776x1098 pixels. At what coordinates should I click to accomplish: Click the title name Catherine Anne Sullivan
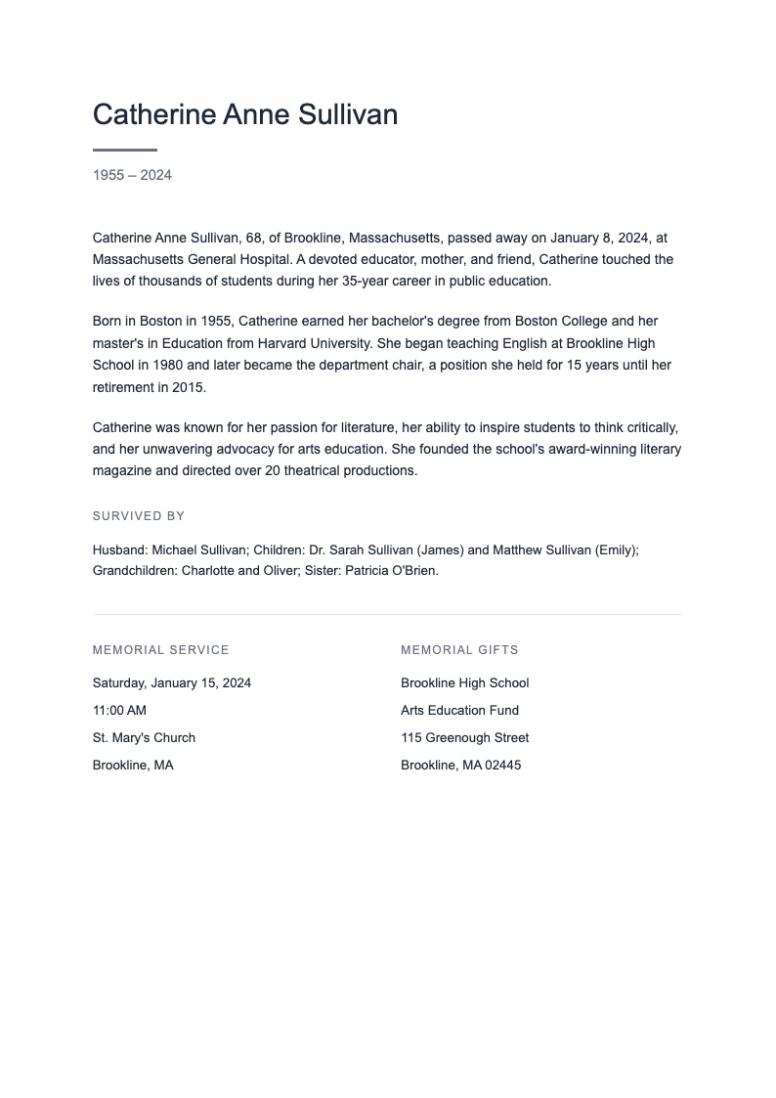coord(245,115)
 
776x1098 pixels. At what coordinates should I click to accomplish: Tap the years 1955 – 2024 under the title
coord(132,175)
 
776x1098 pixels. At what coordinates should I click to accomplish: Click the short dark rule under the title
coord(125,150)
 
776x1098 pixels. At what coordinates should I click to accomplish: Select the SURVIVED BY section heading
coord(139,516)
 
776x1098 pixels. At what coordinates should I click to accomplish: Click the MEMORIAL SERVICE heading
coord(161,650)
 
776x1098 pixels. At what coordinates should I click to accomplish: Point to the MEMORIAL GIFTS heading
coord(459,650)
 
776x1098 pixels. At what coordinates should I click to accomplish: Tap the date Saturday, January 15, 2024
coord(172,683)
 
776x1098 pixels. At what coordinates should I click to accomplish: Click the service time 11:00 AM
coord(119,711)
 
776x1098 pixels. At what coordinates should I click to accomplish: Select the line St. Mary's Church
coord(144,738)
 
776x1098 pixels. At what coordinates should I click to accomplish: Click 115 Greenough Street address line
coord(464,738)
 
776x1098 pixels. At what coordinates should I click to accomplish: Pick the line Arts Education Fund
coord(459,711)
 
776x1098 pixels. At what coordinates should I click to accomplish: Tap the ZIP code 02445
coord(503,766)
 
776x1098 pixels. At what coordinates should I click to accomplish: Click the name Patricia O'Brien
coord(391,571)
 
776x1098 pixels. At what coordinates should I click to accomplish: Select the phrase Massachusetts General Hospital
coord(192,260)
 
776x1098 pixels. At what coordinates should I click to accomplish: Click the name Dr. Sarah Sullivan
coord(361,550)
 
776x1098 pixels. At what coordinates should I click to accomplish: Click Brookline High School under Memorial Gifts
coord(464,683)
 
